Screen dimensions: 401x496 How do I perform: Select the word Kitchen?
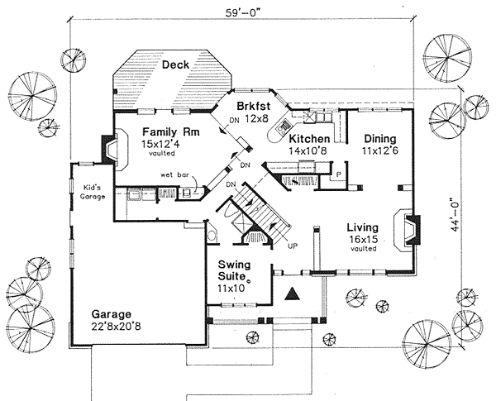coord(310,138)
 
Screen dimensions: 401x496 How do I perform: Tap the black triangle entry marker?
coord(291,293)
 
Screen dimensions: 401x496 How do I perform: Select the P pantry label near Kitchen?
coord(338,174)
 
